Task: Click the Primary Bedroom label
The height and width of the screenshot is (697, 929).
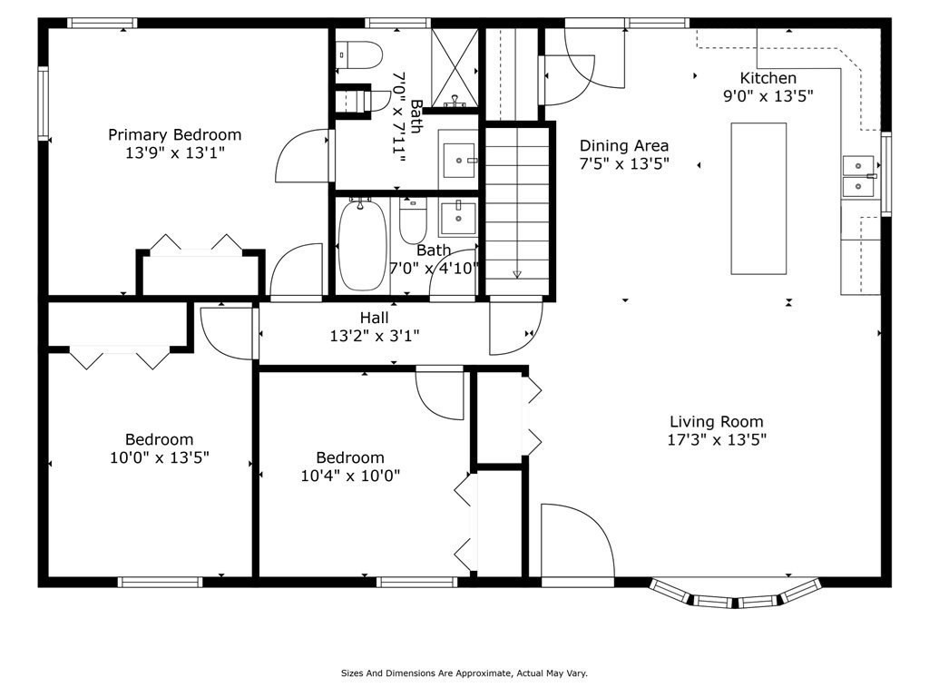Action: (175, 135)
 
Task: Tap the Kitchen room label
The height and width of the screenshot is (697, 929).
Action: (768, 78)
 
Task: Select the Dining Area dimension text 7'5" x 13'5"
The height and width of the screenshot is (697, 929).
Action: (624, 163)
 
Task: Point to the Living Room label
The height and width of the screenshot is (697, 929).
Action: (717, 421)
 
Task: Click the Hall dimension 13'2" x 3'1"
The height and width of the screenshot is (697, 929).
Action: (375, 336)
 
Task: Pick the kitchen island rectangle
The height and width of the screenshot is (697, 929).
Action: (759, 199)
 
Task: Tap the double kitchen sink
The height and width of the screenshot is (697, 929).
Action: (858, 175)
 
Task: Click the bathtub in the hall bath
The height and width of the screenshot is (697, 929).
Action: (363, 245)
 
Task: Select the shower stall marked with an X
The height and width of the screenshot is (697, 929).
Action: (455, 68)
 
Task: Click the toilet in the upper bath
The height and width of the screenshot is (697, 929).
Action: (359, 54)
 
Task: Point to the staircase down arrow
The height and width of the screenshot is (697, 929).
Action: (517, 274)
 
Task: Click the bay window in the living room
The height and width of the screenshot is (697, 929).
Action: (736, 594)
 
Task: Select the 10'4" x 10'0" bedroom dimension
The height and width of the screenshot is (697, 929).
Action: (351, 476)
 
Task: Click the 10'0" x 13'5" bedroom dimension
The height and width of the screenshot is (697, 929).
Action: (160, 457)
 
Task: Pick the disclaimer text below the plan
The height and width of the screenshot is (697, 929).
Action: (464, 673)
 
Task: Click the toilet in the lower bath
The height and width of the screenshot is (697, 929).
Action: (413, 221)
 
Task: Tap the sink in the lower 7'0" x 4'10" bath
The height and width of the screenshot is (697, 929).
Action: (458, 219)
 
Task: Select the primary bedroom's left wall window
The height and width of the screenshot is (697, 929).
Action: (44, 104)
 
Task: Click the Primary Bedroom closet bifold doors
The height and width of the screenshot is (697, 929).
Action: (196, 244)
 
